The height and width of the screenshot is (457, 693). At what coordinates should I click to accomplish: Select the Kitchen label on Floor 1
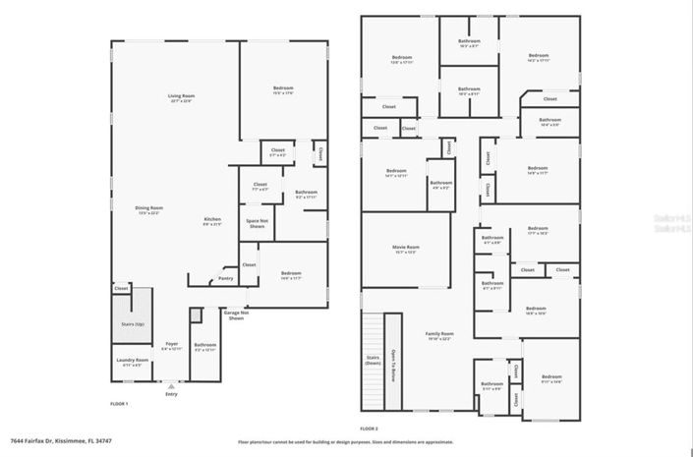pyautogui.click(x=212, y=220)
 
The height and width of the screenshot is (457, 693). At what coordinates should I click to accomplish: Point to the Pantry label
pyautogui.click(x=226, y=278)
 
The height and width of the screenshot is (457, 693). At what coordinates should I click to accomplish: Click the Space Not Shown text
pyautogui.click(x=257, y=224)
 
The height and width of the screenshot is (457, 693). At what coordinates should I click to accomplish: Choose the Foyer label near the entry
pyautogui.click(x=172, y=345)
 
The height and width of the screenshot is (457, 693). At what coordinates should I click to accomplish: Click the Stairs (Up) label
pyautogui.click(x=133, y=323)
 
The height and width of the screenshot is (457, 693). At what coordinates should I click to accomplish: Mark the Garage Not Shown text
pyautogui.click(x=236, y=316)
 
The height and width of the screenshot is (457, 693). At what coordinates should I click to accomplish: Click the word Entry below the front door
pyautogui.click(x=172, y=394)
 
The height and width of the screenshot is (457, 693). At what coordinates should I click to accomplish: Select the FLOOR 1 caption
pyautogui.click(x=119, y=403)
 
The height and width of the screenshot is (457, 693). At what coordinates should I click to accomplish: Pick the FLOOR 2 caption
pyautogui.click(x=369, y=428)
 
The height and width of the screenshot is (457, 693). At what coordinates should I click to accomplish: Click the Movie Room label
pyautogui.click(x=406, y=249)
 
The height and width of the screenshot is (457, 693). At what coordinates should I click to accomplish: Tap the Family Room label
pyautogui.click(x=439, y=335)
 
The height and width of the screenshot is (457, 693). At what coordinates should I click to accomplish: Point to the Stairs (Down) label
pyautogui.click(x=373, y=361)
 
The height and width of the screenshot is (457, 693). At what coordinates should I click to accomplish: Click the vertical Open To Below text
pyautogui.click(x=394, y=363)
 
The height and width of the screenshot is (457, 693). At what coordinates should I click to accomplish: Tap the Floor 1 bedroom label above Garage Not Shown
pyautogui.click(x=291, y=274)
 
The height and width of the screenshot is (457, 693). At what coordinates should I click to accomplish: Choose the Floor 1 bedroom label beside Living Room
pyautogui.click(x=283, y=90)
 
